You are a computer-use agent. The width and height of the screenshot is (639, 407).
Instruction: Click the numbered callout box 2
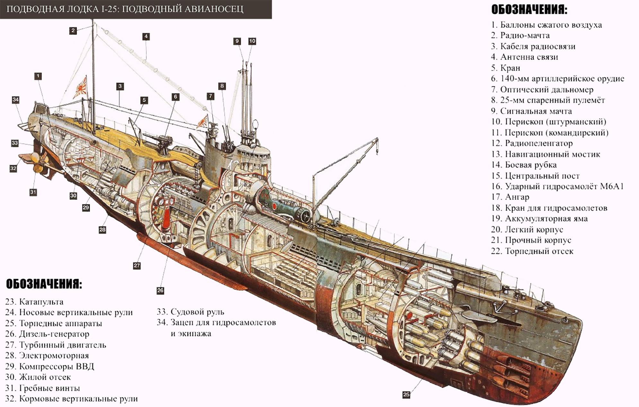(x=73, y=31)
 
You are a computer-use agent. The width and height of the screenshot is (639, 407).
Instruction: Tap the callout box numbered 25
(x=406, y=394)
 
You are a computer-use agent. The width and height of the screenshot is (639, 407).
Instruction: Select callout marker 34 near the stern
(x=15, y=100)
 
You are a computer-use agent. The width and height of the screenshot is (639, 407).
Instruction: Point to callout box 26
(x=160, y=290)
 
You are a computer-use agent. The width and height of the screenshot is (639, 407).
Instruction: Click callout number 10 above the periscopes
(x=252, y=41)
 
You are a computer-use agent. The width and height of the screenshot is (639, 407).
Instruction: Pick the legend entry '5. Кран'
(x=505, y=68)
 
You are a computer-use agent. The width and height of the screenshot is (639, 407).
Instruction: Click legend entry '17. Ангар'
(x=510, y=197)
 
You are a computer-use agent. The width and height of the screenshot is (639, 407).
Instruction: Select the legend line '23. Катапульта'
(x=34, y=302)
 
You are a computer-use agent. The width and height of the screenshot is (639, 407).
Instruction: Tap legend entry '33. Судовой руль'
(x=190, y=312)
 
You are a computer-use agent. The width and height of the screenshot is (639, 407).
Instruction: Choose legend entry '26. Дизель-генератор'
(x=47, y=334)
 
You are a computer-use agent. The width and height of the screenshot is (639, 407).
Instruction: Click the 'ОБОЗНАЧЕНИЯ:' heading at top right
(x=529, y=10)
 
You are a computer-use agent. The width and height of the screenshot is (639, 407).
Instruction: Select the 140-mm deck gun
(x=164, y=142)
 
